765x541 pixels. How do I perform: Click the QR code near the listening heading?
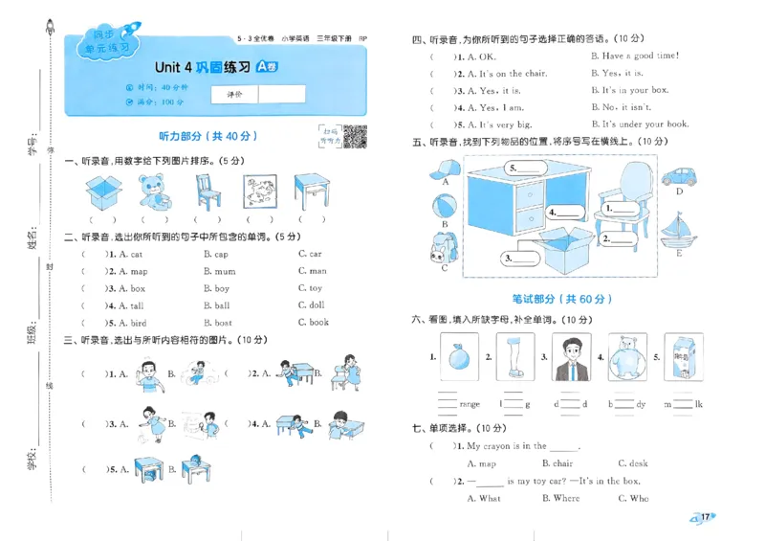point(356,137)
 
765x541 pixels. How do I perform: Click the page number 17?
point(704,518)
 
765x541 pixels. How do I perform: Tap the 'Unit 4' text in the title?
point(174,67)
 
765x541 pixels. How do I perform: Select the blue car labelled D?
point(679,175)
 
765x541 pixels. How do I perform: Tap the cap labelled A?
point(444,171)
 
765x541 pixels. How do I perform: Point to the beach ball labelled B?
point(444,207)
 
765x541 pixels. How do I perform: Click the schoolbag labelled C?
point(442,247)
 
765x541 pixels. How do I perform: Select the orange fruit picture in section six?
point(457,359)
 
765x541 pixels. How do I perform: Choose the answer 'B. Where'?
point(560,498)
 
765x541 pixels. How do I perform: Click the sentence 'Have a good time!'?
point(635,56)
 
